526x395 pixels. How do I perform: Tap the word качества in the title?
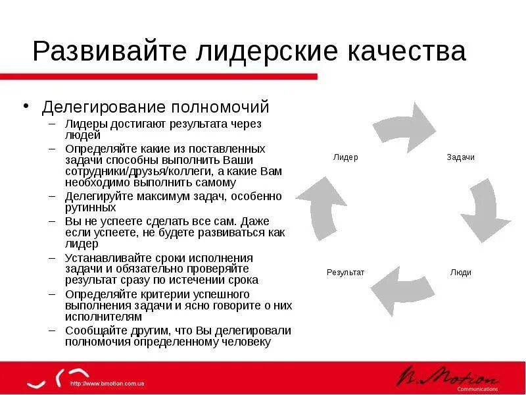click(408, 51)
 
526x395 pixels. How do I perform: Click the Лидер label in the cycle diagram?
click(345, 158)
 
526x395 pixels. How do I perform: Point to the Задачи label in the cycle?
click(460, 158)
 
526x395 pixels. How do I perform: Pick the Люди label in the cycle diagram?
click(460, 273)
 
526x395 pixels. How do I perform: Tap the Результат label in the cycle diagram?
click(345, 273)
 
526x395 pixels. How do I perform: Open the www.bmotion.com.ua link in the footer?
click(107, 384)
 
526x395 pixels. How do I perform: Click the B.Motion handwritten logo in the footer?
click(447, 377)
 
